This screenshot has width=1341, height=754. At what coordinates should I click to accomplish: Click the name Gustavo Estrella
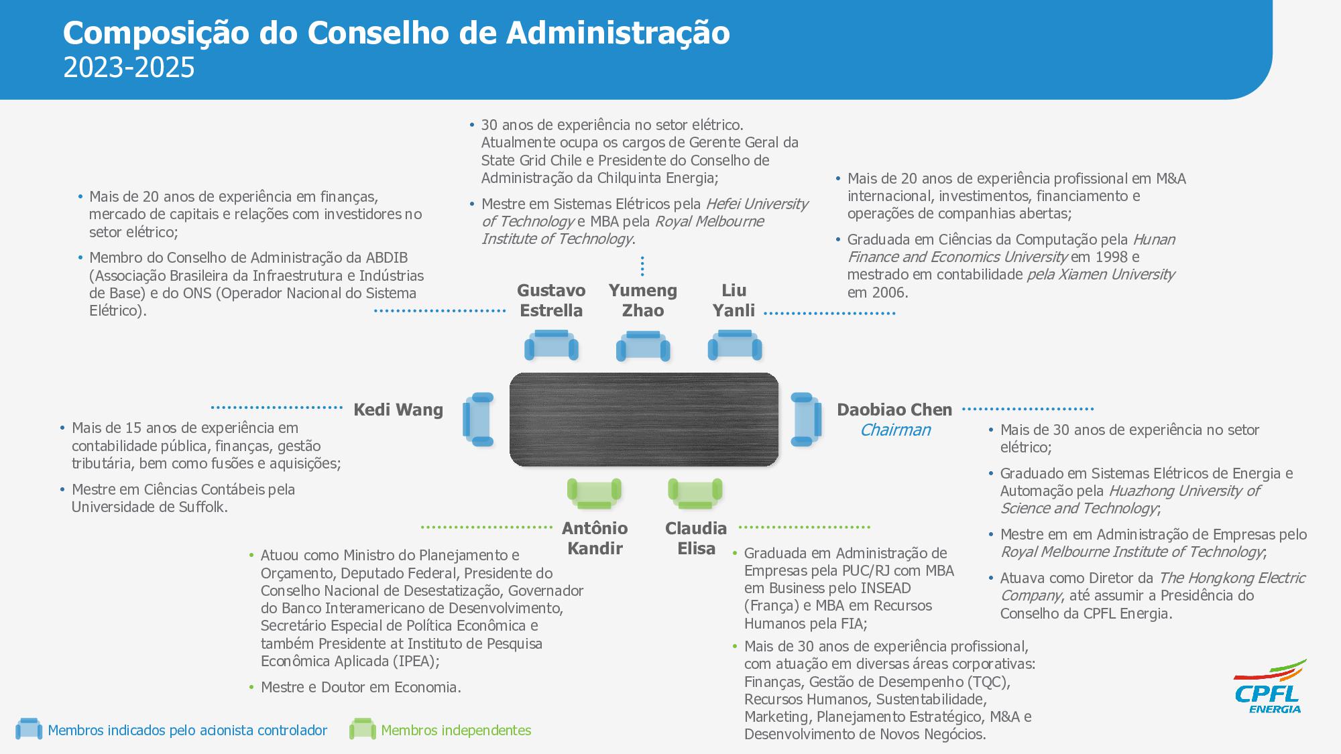pos(551,300)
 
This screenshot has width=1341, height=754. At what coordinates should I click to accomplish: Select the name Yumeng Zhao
pos(642,300)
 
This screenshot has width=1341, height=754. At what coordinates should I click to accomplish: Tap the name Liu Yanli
pos(734,300)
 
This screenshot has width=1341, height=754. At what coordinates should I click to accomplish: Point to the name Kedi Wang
pos(398,410)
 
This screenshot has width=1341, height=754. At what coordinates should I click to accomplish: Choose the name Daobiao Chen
pos(894,410)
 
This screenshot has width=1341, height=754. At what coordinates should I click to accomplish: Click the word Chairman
pos(895,430)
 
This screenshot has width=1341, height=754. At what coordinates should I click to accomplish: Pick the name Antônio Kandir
pos(595,538)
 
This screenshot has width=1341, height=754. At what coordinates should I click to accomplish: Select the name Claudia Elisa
pos(696,538)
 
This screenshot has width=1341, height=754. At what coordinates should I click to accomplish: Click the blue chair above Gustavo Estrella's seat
pos(551,345)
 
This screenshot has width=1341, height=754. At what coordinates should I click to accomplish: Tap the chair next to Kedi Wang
pos(479,420)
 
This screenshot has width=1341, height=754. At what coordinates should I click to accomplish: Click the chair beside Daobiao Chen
pos(805,420)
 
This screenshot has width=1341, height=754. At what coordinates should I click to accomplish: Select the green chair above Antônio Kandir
pos(594,493)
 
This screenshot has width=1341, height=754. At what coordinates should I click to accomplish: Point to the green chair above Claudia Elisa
pos(695,493)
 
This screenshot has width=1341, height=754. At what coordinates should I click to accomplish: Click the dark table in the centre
pos(644,420)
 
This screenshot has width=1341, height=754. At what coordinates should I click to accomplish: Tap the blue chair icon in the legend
pos(29,729)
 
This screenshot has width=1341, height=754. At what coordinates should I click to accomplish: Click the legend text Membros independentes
pos(456,731)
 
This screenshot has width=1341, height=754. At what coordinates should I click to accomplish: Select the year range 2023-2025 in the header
pos(129,68)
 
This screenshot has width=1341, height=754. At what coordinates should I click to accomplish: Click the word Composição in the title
pos(156,33)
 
